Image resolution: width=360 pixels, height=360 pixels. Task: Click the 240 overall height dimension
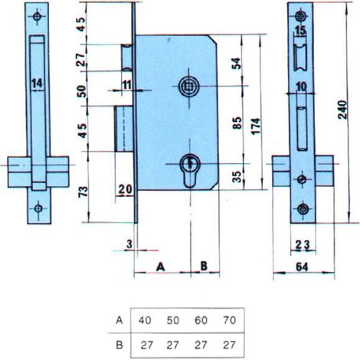pyautogui.click(x=343, y=110)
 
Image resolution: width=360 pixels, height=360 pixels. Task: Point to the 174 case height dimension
pyautogui.click(x=256, y=126)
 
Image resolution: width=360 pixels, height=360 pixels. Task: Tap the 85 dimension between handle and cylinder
pyautogui.click(x=237, y=123)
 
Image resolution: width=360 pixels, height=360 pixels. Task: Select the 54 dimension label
pyautogui.click(x=237, y=64)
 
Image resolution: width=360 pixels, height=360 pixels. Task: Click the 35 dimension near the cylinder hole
pyautogui.click(x=237, y=177)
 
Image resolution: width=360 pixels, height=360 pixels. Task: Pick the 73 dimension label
pyautogui.click(x=83, y=191)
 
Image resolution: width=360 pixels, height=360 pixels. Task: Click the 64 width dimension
pyautogui.click(x=302, y=267)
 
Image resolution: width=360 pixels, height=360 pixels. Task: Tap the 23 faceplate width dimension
pyautogui.click(x=303, y=245)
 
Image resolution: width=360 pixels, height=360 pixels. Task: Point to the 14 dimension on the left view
pyautogui.click(x=38, y=83)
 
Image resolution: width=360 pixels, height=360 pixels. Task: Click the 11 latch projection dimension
pyautogui.click(x=126, y=84)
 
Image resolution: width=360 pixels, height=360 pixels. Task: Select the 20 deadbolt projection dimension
pyautogui.click(x=126, y=189)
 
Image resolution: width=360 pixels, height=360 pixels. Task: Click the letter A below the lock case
pyautogui.click(x=160, y=267)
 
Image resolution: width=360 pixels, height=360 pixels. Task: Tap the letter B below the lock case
pyautogui.click(x=204, y=266)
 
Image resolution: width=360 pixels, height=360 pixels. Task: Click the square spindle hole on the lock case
pyautogui.click(x=189, y=87)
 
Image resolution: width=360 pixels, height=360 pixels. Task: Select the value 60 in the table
pyautogui.click(x=201, y=320)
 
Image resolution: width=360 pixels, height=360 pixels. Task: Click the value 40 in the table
pyautogui.click(x=145, y=320)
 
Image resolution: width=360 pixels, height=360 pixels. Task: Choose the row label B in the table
pyautogui.click(x=119, y=345)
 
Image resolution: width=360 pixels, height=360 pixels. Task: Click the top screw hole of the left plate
pyautogui.click(x=38, y=17)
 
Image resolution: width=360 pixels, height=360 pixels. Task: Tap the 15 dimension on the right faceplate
pyautogui.click(x=300, y=31)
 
